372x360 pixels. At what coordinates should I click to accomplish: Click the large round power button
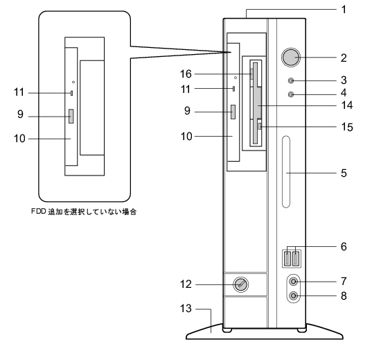pyautogui.click(x=291, y=58)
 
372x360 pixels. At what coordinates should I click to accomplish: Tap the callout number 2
pyautogui.click(x=344, y=58)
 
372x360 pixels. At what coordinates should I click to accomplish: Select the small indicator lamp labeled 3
pyautogui.click(x=291, y=80)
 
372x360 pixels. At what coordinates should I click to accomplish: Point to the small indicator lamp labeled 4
pyautogui.click(x=291, y=94)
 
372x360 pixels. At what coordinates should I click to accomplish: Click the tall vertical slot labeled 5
pyautogui.click(x=286, y=172)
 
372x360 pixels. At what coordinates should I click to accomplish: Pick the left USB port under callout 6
pyautogui.click(x=287, y=258)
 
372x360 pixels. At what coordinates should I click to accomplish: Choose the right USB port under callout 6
pyautogui.click(x=296, y=258)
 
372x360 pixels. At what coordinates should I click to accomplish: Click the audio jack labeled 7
pyautogui.click(x=294, y=282)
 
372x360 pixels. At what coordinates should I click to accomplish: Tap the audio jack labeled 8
pyautogui.click(x=294, y=296)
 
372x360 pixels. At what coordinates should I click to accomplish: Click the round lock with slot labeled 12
pyautogui.click(x=241, y=284)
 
